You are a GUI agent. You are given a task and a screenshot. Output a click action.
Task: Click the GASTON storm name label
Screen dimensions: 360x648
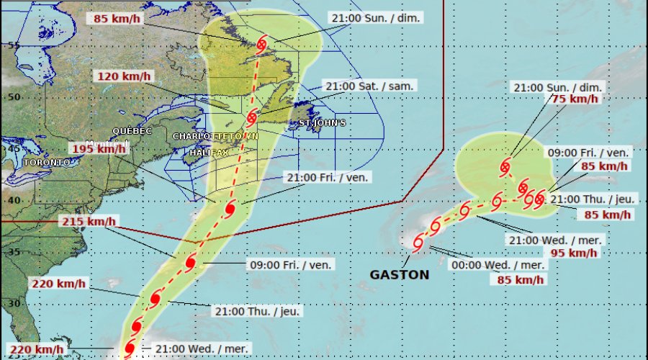[x=400, y=274]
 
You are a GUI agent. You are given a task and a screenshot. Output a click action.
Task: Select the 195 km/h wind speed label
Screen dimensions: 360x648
[x=99, y=148]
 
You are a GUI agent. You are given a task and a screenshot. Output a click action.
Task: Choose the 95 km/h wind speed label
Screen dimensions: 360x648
[x=573, y=253]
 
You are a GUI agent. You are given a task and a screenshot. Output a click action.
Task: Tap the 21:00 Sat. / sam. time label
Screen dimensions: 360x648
[x=371, y=86]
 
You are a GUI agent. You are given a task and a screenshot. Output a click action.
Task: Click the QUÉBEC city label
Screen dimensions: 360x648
[x=132, y=131]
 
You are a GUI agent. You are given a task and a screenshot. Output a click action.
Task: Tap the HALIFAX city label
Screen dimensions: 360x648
[x=209, y=153]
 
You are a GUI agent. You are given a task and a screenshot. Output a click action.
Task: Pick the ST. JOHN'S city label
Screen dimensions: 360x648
[x=322, y=123]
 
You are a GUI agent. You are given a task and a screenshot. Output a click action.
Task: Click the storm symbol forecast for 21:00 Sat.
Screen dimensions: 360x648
[x=252, y=117]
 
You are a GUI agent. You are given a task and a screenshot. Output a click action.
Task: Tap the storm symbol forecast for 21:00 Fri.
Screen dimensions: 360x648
[x=230, y=210]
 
